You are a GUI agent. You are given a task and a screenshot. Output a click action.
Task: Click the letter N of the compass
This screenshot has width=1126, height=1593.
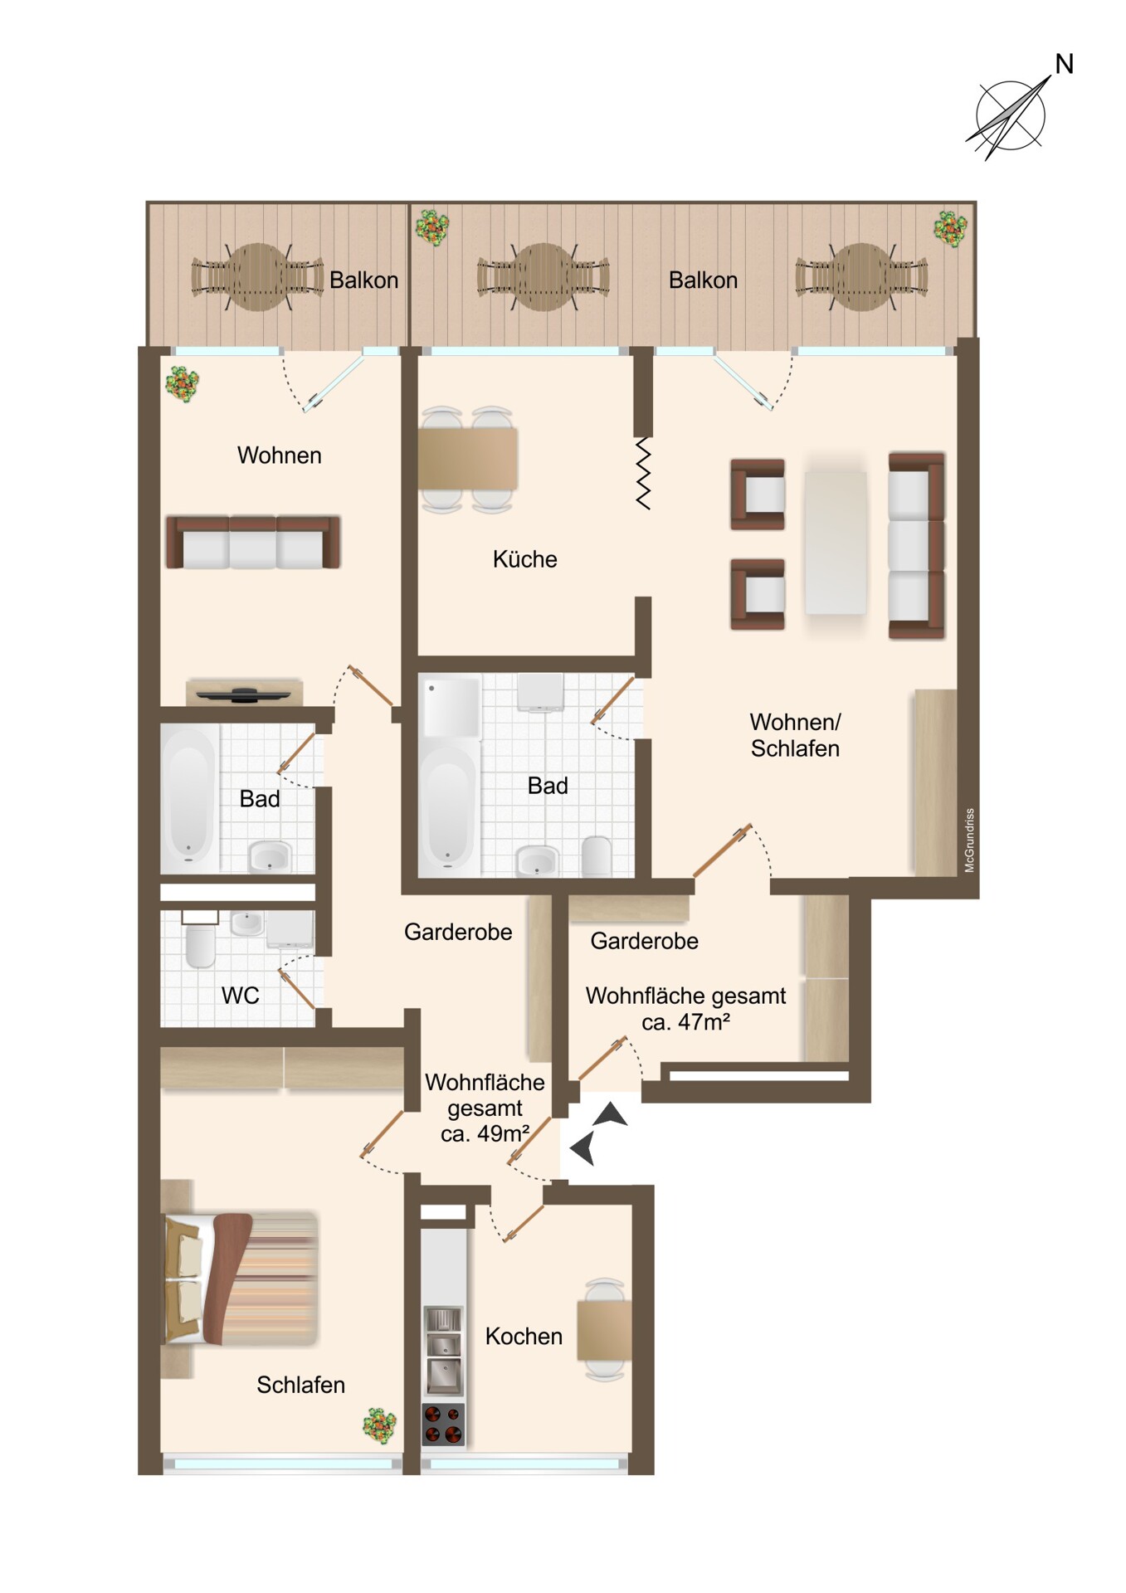1064,64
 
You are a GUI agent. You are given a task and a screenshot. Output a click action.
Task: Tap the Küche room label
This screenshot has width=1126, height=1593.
524,559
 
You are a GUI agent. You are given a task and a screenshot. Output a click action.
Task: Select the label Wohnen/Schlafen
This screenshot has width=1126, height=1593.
795,735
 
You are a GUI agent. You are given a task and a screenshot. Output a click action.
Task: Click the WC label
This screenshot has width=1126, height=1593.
240,996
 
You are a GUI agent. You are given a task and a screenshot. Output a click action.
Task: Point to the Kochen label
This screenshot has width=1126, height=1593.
524,1337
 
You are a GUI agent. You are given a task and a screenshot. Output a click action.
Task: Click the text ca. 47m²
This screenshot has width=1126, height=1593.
685,1022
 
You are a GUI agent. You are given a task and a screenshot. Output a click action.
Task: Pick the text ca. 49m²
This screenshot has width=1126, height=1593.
485,1134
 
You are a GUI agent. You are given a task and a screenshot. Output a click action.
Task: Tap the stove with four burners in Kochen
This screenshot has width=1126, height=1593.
443,1424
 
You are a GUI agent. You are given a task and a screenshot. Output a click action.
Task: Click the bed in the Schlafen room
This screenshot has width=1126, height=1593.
241,1279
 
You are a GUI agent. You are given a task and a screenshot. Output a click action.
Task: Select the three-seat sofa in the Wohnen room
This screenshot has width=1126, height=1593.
253,542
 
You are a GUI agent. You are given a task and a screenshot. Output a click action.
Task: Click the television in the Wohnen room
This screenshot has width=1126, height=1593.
244,694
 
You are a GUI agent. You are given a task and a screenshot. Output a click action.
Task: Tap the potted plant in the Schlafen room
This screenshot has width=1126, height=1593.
379,1425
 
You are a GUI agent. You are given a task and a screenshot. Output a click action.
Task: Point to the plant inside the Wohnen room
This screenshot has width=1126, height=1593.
182,384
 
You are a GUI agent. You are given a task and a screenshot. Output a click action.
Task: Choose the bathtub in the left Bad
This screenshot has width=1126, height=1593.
189,798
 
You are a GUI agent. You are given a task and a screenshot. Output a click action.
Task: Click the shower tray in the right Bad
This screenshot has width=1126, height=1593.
451,708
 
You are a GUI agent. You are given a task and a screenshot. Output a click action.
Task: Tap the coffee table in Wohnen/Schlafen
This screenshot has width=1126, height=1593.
836,543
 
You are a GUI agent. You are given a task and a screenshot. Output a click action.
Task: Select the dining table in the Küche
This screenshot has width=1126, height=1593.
467,460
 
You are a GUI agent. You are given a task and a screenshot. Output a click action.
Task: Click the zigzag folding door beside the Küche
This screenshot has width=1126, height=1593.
642,473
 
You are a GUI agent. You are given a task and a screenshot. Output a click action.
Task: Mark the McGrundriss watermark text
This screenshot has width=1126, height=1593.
969,840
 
